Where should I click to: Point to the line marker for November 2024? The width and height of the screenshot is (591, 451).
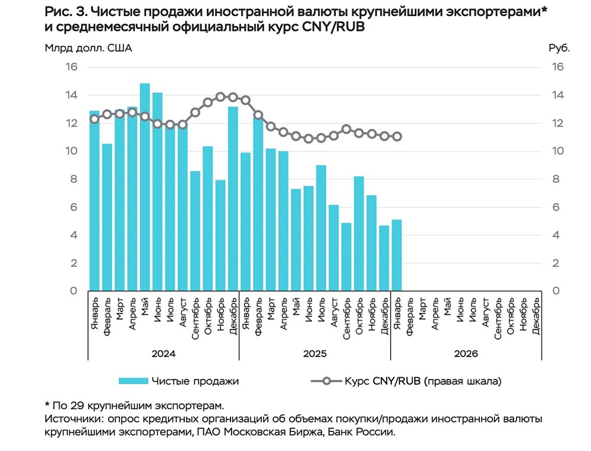tap(220, 97)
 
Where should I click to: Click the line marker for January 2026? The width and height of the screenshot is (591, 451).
tap(397, 137)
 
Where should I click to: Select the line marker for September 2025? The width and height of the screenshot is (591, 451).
tap(346, 129)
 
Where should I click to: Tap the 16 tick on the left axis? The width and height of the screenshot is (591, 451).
tap(71, 67)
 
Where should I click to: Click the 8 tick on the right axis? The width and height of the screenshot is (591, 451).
tap(557, 179)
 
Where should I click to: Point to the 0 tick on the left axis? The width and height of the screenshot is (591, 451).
tap(74, 291)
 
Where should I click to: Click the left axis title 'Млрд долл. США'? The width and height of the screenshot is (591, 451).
tap(89, 48)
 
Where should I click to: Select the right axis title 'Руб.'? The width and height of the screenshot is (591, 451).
tap(559, 48)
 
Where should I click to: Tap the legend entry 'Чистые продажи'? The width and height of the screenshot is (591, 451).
tap(195, 381)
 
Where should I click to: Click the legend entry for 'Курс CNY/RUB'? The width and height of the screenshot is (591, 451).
tap(423, 381)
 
